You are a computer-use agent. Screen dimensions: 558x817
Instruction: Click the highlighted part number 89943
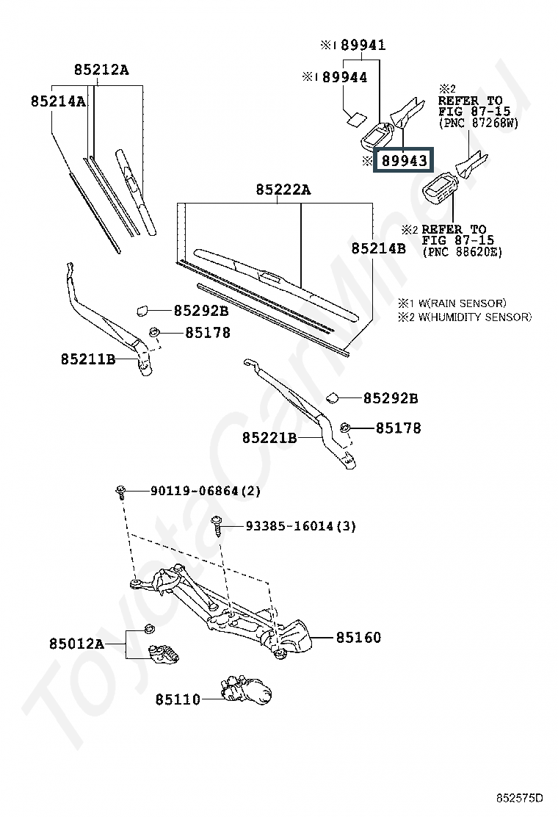tap(405, 160)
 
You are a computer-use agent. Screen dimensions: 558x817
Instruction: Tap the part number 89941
tap(363, 46)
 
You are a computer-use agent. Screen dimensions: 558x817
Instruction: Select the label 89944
tap(344, 77)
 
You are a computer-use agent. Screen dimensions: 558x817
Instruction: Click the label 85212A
tap(101, 69)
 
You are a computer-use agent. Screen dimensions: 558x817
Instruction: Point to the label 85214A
tap(58, 101)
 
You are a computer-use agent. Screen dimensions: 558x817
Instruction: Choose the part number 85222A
tap(283, 190)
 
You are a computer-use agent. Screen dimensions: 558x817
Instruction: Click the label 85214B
tap(378, 248)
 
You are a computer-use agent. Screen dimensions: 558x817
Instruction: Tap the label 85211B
tap(88, 359)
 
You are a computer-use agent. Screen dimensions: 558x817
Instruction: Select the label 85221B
tap(269, 438)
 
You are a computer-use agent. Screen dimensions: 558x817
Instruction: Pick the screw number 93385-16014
tap(289, 526)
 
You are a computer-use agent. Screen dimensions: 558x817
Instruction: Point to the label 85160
tap(358, 637)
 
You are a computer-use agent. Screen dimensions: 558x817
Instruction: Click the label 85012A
tap(76, 644)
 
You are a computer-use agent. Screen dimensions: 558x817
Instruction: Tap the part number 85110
tap(178, 699)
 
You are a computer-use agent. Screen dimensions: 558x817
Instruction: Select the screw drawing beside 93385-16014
tap(217, 526)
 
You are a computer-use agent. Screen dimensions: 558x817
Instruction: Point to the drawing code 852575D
tap(518, 798)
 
